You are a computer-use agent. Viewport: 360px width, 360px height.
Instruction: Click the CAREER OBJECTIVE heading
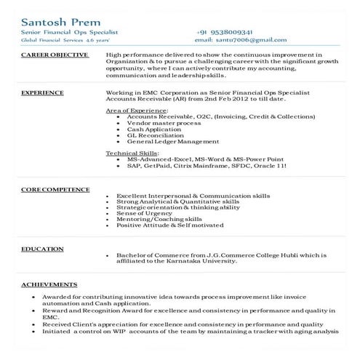[x=55, y=55]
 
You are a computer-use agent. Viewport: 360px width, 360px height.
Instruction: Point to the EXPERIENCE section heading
[x=42, y=93]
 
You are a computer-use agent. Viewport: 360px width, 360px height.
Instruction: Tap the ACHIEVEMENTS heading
[x=49, y=284]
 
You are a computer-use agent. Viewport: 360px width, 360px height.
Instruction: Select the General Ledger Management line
[x=172, y=141]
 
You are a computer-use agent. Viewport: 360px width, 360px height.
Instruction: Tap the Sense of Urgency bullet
[x=143, y=213]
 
